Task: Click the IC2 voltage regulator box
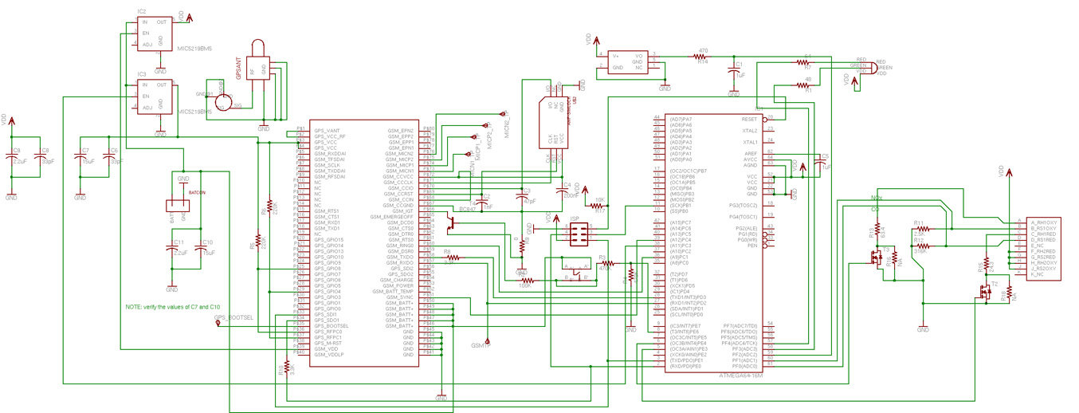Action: click(155, 33)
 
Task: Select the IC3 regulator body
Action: click(155, 96)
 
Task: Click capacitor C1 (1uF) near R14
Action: click(734, 73)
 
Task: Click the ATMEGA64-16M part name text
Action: click(740, 375)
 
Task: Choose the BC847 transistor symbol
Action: click(452, 223)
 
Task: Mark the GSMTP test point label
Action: click(481, 346)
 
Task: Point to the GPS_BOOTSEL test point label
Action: click(234, 317)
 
